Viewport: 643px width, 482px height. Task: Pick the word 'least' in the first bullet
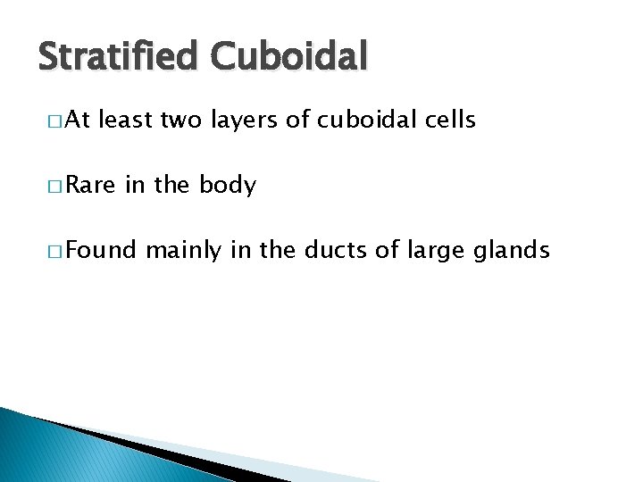tap(127, 120)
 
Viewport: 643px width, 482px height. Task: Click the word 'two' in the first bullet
tap(180, 120)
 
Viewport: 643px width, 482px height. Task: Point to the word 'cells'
tap(449, 120)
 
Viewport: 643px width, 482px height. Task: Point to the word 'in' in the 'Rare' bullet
tap(135, 186)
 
